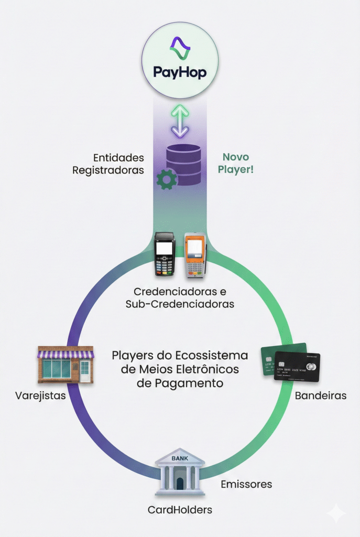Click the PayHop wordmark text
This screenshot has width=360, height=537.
(x=180, y=72)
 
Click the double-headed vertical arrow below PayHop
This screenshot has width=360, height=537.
(x=180, y=121)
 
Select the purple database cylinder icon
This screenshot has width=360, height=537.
(x=183, y=164)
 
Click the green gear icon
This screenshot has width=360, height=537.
(x=167, y=180)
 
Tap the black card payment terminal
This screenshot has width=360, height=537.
(x=164, y=255)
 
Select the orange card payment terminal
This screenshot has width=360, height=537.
(x=194, y=255)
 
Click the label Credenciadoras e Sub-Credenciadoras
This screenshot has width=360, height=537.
(x=180, y=297)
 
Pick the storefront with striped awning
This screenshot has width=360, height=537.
(x=66, y=364)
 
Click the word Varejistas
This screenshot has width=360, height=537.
(x=40, y=395)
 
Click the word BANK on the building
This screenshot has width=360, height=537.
(x=180, y=458)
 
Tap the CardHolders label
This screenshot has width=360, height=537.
(x=180, y=509)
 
